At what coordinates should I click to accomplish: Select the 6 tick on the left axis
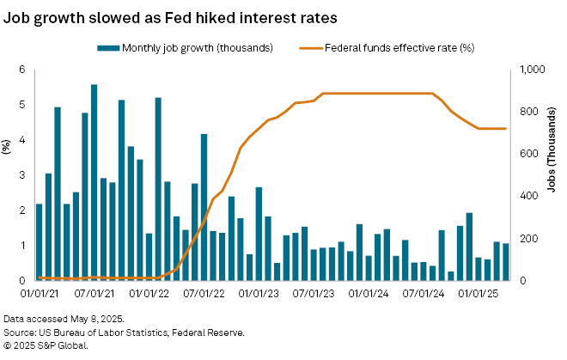pos(23,70)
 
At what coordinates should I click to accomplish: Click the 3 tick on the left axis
pos(23,175)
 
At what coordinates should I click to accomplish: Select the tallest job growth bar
pos(94,182)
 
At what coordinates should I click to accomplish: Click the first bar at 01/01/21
pos(40,241)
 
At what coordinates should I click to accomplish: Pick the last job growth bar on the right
pos(505,261)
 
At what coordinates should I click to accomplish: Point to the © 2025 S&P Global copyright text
pos(46,345)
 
